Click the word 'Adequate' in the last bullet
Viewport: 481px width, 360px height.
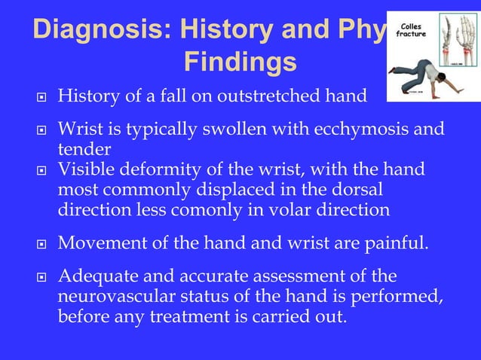[95, 276]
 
